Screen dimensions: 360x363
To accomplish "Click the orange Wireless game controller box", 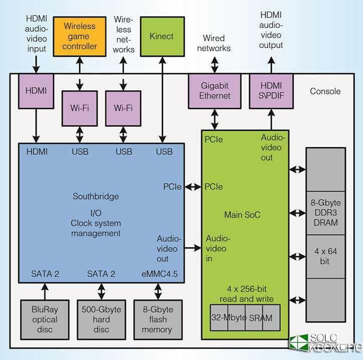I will point(79,36).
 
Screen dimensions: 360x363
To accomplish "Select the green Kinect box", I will point(161,36).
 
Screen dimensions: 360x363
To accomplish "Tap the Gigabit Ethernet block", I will point(215,91).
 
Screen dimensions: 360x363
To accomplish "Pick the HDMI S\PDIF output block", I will point(271,91).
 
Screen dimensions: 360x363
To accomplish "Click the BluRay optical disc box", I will point(45,319).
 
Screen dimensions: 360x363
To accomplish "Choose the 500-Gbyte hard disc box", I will point(101,319).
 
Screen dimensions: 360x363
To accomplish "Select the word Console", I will point(325,91).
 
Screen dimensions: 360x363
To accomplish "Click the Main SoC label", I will point(242,215).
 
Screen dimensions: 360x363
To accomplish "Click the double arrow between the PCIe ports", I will point(193,187).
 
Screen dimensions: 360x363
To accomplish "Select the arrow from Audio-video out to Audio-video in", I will point(193,248).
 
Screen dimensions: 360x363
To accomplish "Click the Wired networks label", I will point(214,43).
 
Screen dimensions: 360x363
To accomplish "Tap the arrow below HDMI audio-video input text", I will point(36,64).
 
